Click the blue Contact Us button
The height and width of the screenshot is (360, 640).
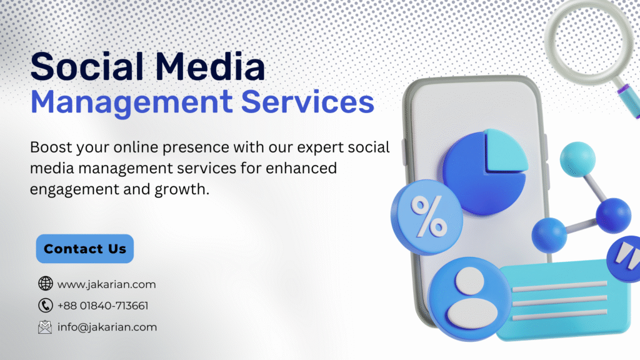tap(85, 249)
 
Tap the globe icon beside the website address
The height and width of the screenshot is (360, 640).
tap(45, 283)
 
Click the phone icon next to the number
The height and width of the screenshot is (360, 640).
tap(45, 305)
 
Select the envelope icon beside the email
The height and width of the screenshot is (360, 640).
tap(45, 327)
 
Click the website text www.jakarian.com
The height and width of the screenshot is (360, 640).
tap(106, 284)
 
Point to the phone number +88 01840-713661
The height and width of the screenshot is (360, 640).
tap(103, 306)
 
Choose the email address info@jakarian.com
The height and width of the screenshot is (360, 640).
tap(107, 327)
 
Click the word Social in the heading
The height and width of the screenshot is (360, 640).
tap(87, 66)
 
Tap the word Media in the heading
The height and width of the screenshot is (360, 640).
tap(210, 66)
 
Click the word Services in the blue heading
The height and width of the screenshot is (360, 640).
tap(307, 102)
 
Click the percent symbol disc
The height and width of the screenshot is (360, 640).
tap(426, 217)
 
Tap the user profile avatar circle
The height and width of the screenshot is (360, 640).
tap(469, 299)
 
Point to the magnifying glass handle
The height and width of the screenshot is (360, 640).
tap(629, 99)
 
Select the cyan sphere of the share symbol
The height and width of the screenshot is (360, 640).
tap(577, 159)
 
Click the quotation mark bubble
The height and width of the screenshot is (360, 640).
tap(624, 259)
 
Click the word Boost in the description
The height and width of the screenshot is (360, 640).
tap(51, 147)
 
